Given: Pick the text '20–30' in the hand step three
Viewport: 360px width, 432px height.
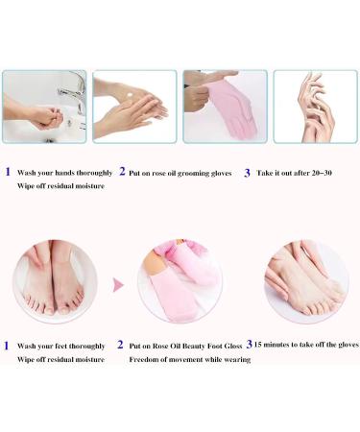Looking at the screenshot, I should [x=330, y=173].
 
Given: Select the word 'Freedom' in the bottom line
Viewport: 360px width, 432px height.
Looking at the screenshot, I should [x=147, y=359].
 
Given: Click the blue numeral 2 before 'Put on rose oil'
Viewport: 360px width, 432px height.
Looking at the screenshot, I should [x=123, y=172].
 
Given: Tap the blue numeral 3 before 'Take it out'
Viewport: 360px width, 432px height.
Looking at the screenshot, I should [x=247, y=172].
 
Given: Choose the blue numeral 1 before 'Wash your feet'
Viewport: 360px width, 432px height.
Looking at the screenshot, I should [x=6, y=344].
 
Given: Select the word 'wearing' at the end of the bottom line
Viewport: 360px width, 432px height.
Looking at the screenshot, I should [x=235, y=359].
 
